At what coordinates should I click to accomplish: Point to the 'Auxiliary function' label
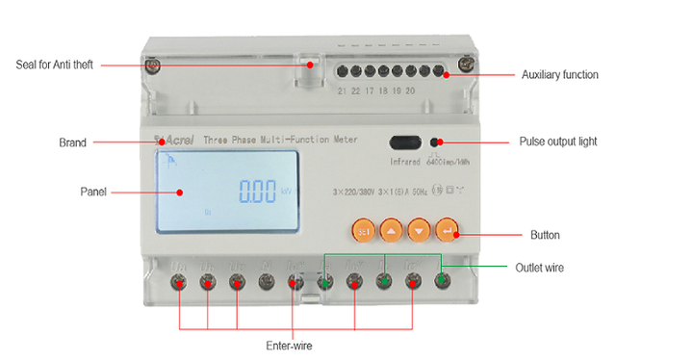(x=559, y=74)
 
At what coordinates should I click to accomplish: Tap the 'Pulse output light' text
(x=558, y=141)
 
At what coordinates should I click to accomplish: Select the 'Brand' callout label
(x=72, y=142)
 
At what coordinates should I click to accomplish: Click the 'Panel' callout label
(x=92, y=192)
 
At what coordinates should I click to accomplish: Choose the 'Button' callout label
(x=545, y=235)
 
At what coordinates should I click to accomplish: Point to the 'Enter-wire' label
(x=289, y=345)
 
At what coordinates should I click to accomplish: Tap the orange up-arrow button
(x=390, y=231)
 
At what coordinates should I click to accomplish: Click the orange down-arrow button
(x=418, y=231)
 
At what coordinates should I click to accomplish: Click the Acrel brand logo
(x=178, y=140)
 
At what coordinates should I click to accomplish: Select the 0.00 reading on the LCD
(x=258, y=192)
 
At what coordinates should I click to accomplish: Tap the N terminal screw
(x=267, y=282)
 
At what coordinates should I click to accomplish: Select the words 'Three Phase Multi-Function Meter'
(x=280, y=140)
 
